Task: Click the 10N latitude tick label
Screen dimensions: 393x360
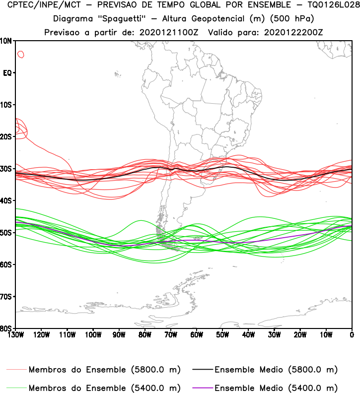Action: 7,41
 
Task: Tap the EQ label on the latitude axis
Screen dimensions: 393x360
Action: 7,73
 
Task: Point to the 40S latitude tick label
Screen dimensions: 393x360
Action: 7,200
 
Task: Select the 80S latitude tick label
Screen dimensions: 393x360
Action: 7,328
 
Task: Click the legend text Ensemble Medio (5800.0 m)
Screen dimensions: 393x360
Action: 276,370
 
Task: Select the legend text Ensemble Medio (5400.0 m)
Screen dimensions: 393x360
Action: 276,388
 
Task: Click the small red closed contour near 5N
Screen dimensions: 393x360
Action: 20,54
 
